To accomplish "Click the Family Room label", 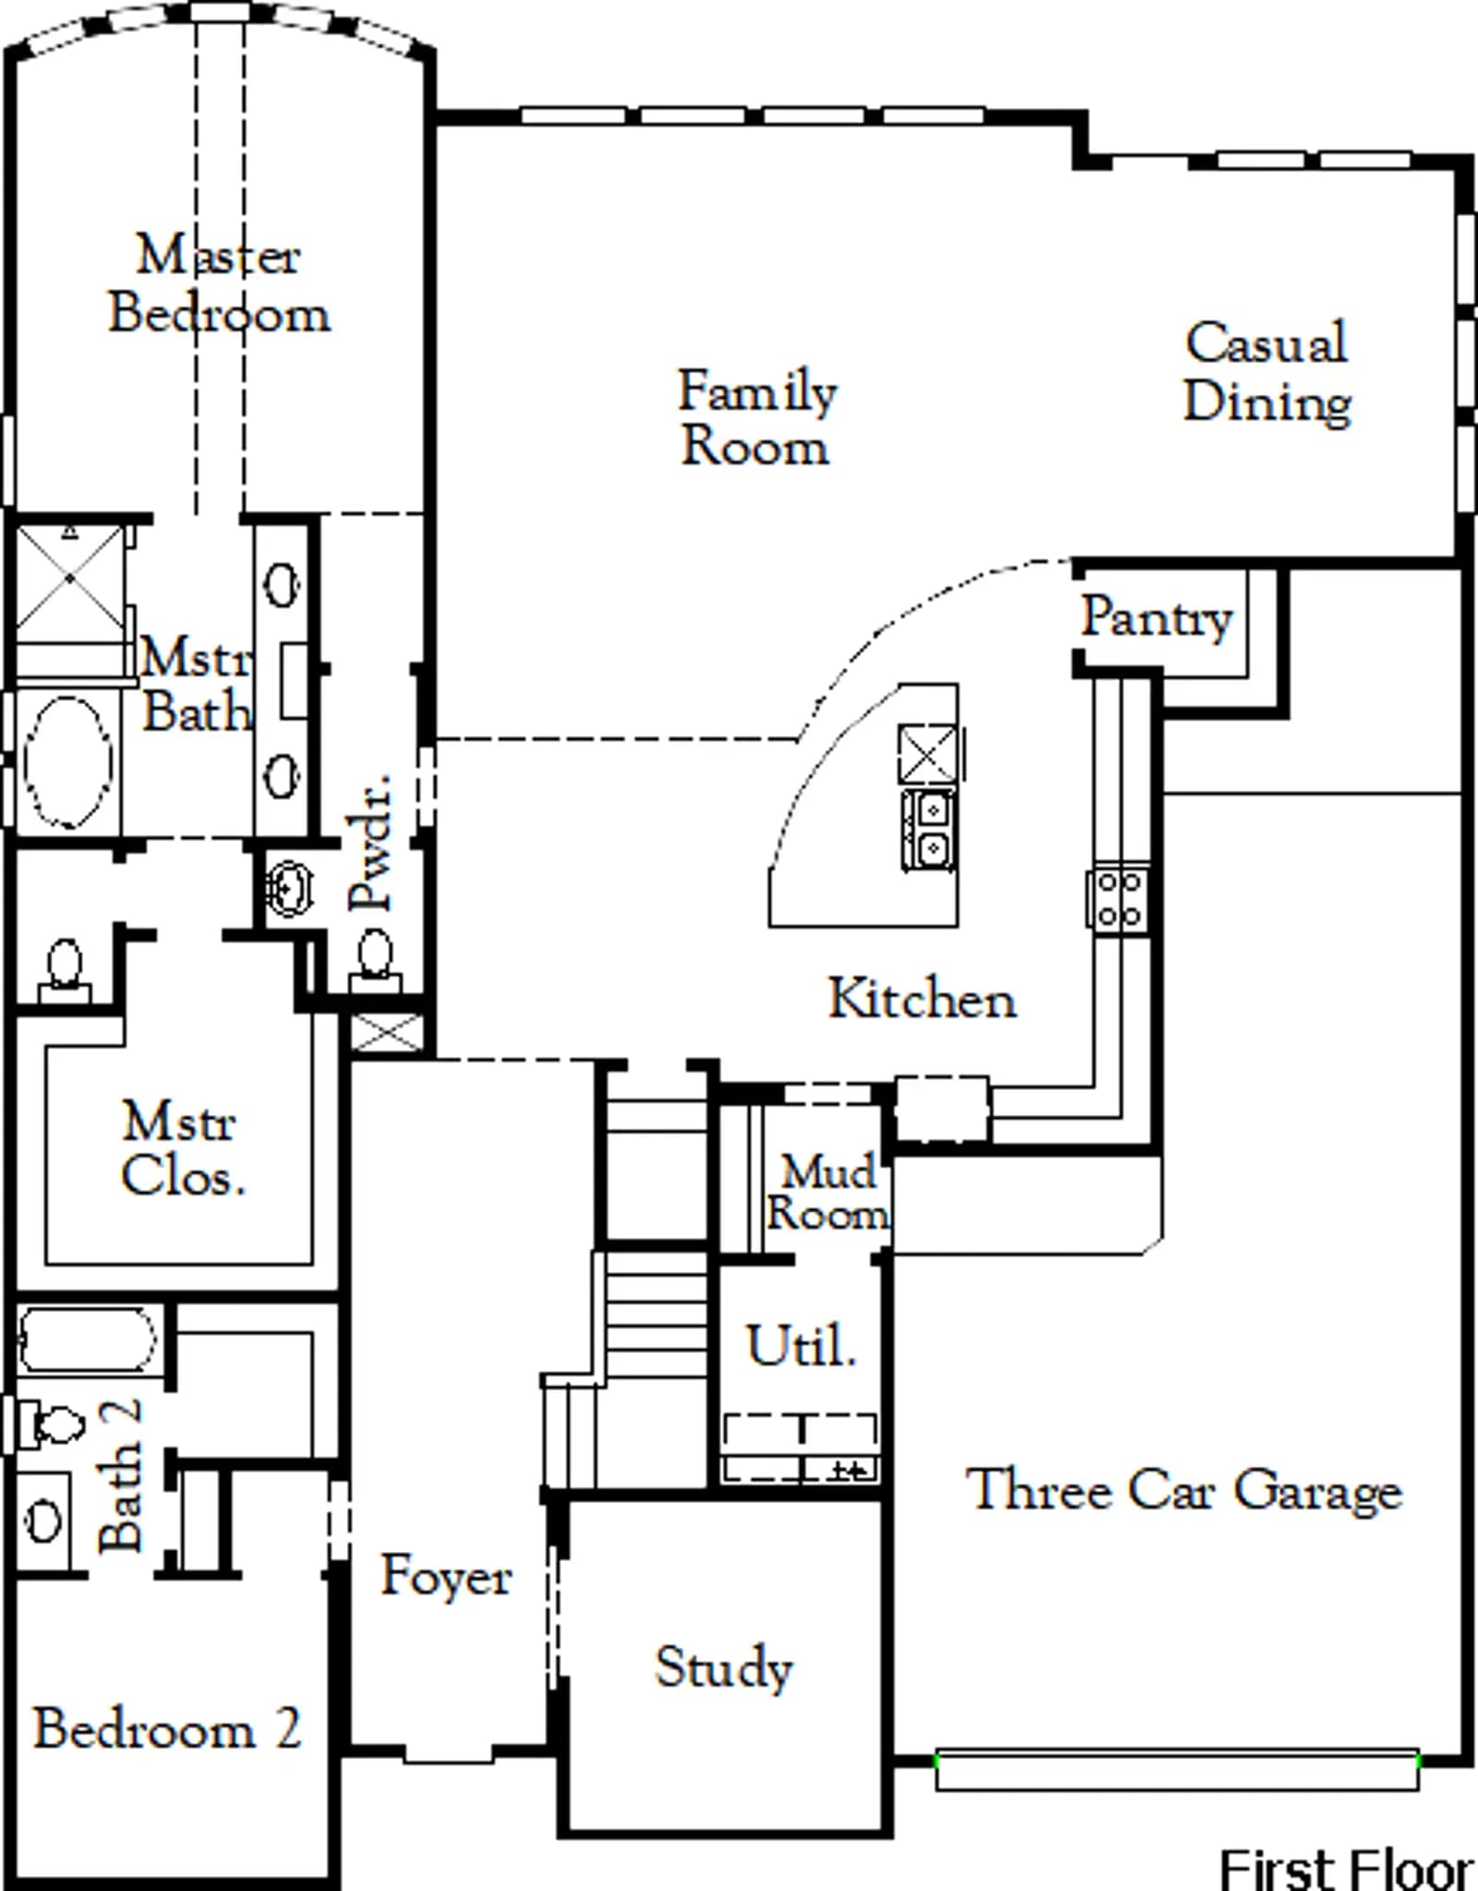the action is pyautogui.click(x=757, y=418).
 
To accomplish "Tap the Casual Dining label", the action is pyautogui.click(x=1267, y=372).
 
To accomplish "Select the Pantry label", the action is pyautogui.click(x=1157, y=617).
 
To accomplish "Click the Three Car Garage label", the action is pyautogui.click(x=1184, y=1490).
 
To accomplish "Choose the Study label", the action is pyautogui.click(x=724, y=1668).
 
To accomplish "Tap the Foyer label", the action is pyautogui.click(x=446, y=1575).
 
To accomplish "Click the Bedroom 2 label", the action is pyautogui.click(x=167, y=1727).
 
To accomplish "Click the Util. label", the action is pyautogui.click(x=801, y=1345).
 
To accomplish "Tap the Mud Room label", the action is pyautogui.click(x=827, y=1192).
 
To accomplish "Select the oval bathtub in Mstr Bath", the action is pyautogui.click(x=68, y=762).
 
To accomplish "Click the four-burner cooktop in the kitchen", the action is pyautogui.click(x=1119, y=899).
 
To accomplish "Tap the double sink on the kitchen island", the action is pyautogui.click(x=929, y=829).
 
